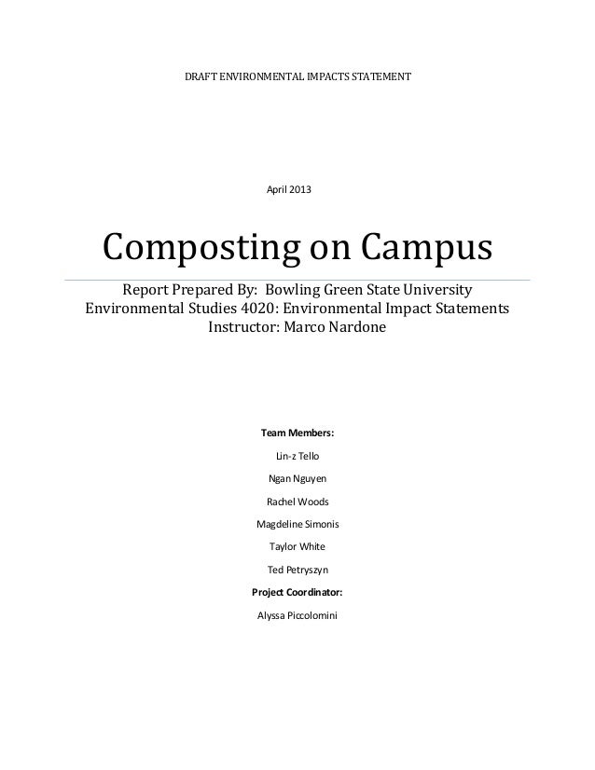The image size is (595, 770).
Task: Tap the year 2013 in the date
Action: click(x=300, y=190)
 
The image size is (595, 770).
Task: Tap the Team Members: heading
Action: click(x=297, y=433)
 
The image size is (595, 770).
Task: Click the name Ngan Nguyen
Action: click(x=297, y=478)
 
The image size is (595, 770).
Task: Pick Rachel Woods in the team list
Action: click(x=297, y=502)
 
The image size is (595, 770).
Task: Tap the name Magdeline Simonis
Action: click(x=297, y=524)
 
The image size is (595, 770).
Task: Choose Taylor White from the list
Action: click(x=297, y=546)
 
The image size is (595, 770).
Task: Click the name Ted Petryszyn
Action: click(x=297, y=569)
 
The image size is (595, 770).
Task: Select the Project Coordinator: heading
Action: click(x=297, y=592)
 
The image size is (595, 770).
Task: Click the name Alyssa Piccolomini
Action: click(x=297, y=614)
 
